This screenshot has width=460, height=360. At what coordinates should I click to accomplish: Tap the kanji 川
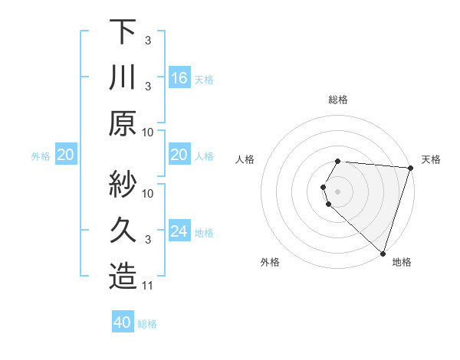123,78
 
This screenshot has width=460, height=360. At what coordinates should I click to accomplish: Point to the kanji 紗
123,184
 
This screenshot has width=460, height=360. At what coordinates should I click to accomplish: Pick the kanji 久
123,231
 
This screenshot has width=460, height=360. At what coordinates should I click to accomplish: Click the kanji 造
123,277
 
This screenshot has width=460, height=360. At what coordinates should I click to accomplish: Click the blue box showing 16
179,77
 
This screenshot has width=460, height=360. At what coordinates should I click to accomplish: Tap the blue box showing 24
179,231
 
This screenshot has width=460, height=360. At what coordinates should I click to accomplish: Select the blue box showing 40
123,322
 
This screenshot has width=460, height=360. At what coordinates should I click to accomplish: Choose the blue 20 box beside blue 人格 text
179,155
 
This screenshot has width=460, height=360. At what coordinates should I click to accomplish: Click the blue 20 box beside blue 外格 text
65,155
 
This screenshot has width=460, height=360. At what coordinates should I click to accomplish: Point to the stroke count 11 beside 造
148,286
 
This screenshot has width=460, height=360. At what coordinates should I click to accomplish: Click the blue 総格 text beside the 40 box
147,324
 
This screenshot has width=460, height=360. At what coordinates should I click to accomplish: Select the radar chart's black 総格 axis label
338,100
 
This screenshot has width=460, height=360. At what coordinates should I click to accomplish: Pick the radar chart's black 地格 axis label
402,262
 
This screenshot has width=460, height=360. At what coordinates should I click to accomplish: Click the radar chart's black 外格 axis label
270,262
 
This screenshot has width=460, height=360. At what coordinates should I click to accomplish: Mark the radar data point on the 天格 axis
410,167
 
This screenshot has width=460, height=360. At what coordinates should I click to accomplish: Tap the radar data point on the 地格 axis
383,253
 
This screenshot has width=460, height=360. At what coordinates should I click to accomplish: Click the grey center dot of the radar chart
338,190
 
